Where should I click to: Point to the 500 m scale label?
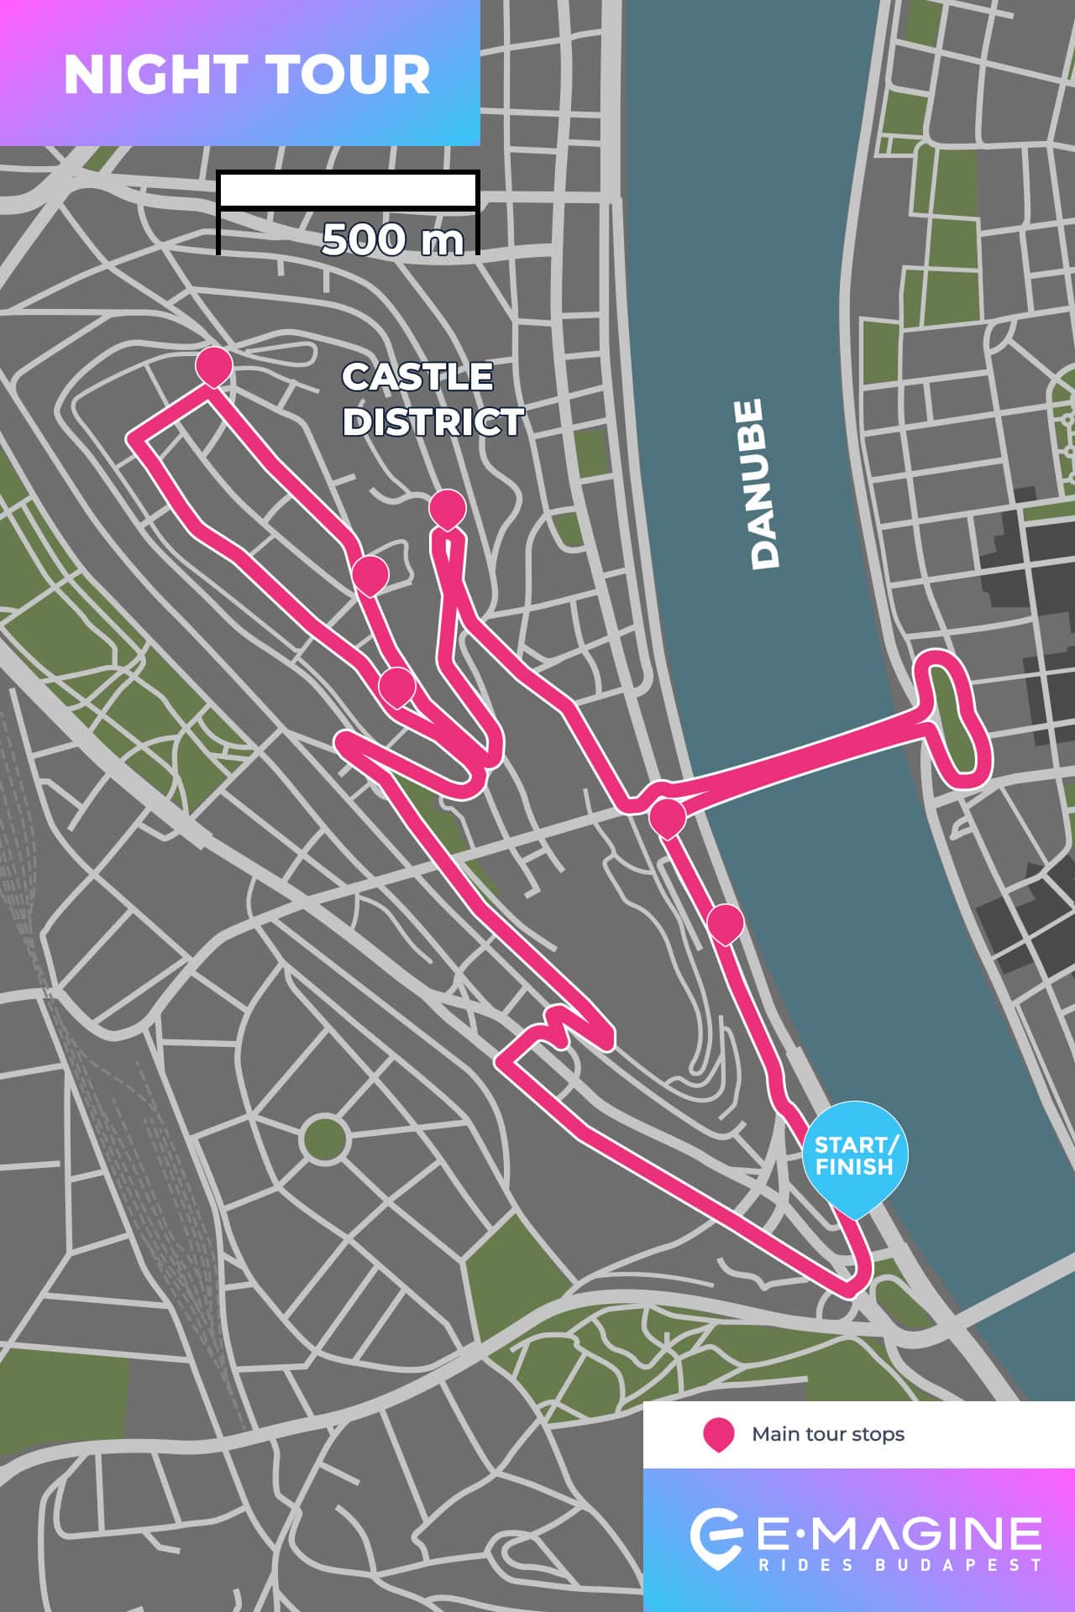click(x=392, y=240)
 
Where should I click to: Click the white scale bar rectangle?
click(x=348, y=190)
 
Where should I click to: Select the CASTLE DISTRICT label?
click(x=432, y=400)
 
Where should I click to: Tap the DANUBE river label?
click(x=765, y=484)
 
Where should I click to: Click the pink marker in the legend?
click(x=719, y=1434)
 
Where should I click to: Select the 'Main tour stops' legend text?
click(x=827, y=1434)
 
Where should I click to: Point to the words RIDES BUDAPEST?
click(x=899, y=1565)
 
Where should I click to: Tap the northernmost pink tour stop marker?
click(x=213, y=366)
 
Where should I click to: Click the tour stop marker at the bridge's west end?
click(x=668, y=817)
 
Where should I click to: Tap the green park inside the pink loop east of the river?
click(x=952, y=718)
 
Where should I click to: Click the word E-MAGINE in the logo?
click(x=899, y=1533)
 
